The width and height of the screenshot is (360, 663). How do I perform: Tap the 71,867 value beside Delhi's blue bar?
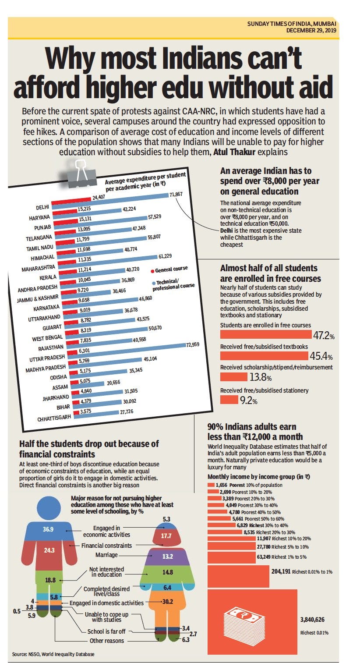click(176, 195)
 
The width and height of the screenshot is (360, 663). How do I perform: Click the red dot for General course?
click(152, 271)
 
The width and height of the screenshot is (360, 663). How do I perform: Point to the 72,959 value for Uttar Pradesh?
click(193, 344)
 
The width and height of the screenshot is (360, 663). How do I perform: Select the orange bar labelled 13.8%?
click(234, 377)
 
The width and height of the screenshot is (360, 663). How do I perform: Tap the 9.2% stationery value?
click(248, 401)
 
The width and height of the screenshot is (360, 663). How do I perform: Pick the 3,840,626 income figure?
click(312, 620)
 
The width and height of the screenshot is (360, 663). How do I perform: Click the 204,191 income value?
click(281, 571)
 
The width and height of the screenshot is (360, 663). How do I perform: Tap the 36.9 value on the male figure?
click(48, 529)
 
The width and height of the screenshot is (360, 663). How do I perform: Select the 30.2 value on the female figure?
click(168, 602)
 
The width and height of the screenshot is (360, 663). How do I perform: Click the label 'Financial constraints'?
click(106, 546)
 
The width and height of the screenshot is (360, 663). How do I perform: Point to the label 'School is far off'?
click(106, 631)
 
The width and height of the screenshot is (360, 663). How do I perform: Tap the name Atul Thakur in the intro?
click(234, 152)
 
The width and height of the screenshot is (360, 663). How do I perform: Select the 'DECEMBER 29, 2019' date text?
click(311, 30)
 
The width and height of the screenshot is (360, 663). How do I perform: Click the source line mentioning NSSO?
click(53, 654)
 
